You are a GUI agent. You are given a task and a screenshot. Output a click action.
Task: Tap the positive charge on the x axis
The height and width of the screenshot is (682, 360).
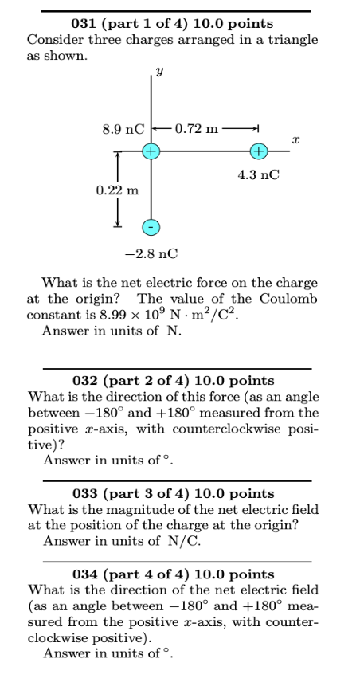coord(258,151)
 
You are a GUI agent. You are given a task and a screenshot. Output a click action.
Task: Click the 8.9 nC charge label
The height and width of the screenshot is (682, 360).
coord(123,127)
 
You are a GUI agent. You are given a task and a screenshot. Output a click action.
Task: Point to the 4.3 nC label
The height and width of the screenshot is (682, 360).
coord(259,174)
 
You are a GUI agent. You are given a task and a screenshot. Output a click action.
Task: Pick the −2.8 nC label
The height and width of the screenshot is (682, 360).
coord(151,253)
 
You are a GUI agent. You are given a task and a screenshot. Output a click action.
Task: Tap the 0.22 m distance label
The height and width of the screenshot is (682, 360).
coord(116,190)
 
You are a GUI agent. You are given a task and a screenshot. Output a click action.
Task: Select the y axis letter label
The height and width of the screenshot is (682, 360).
coord(160,71)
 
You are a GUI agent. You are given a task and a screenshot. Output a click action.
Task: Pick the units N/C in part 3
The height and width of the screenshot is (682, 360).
coord(185,542)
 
